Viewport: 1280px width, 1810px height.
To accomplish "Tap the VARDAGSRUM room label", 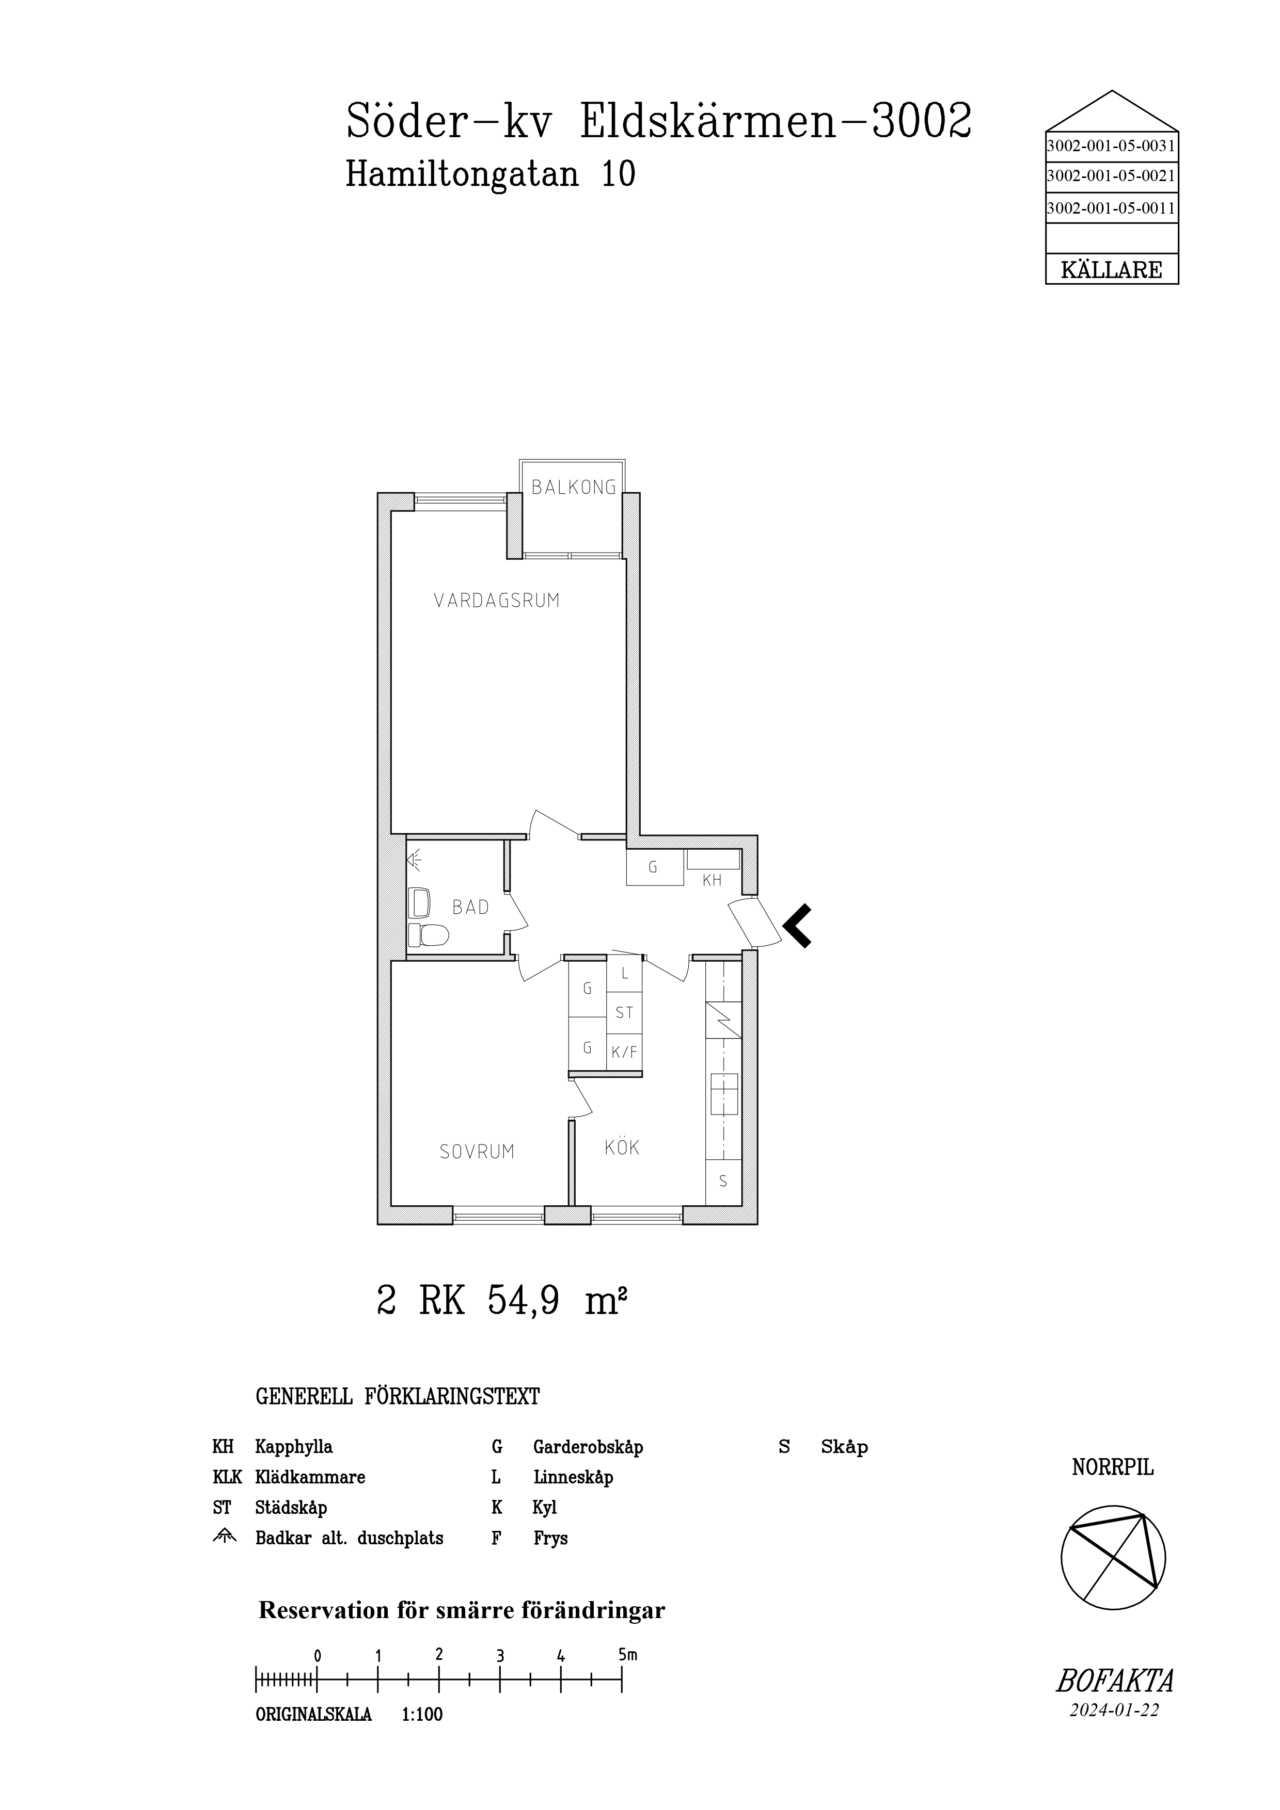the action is click(x=497, y=601).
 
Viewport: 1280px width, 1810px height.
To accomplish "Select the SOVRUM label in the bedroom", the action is click(x=477, y=1152).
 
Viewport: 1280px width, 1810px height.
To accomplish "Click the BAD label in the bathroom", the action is click(x=471, y=908).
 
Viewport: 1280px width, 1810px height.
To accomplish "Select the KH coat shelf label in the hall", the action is click(x=712, y=881).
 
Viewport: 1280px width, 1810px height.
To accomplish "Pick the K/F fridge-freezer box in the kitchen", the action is click(x=625, y=1051).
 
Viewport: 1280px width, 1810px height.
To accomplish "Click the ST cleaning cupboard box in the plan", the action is click(x=625, y=1013).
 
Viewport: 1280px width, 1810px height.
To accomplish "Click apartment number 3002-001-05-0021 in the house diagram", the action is click(x=1111, y=176).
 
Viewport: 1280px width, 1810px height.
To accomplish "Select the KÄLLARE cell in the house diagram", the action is click(x=1111, y=270).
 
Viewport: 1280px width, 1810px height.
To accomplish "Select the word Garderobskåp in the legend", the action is click(x=588, y=1447).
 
